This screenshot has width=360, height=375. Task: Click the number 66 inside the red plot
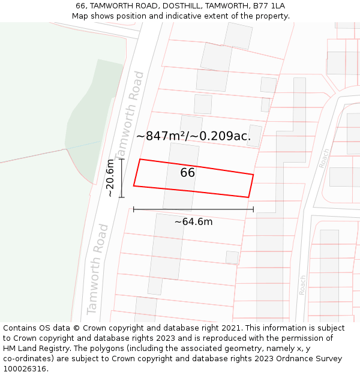point(187,173)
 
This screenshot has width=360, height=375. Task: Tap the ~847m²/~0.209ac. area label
point(193,136)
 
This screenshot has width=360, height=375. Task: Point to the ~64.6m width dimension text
point(193,222)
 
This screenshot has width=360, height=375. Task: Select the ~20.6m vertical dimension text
point(110,178)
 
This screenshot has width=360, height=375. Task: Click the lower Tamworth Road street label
point(97,269)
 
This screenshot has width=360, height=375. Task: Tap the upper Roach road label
point(325,158)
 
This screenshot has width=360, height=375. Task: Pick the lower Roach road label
point(303,285)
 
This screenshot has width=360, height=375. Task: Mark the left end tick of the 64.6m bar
point(133,209)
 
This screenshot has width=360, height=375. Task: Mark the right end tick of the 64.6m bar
point(254,209)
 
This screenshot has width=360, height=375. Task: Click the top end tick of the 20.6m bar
point(122,159)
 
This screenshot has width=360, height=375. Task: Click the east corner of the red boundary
point(253,175)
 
